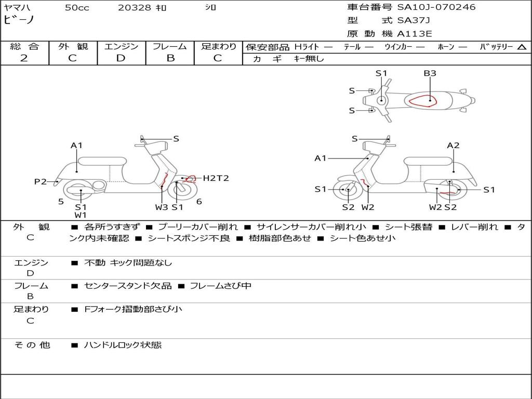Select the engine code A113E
[415, 34]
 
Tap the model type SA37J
[414, 21]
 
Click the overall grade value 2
[24, 58]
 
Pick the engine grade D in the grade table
[121, 58]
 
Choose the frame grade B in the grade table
[170, 58]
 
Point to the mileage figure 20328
[135, 8]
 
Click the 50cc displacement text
[77, 8]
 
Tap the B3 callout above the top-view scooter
[430, 73]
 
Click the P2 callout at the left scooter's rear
[41, 181]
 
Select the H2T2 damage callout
[216, 178]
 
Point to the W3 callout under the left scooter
[162, 207]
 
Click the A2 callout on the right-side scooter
[453, 145]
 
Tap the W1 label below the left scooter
[81, 215]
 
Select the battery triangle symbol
[522, 47]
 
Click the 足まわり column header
[218, 46]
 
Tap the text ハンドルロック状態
[123, 344]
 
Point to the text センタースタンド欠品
[128, 286]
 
